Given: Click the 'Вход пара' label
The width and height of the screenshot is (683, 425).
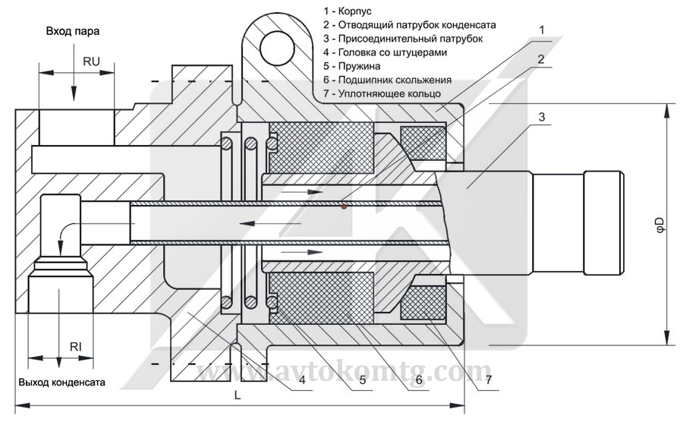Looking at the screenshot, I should click(72, 31).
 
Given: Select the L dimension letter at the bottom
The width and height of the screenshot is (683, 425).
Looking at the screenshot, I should click(237, 395).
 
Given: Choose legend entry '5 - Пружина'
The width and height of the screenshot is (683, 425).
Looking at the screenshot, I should click(351, 66).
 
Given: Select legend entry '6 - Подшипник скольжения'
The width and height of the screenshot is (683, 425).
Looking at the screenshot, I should click(386, 80).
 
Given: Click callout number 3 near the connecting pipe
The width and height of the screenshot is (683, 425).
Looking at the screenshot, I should click(541, 117).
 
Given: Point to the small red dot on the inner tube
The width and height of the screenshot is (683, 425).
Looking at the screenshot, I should click(344, 206).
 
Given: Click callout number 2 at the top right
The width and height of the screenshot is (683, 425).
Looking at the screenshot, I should click(540, 59).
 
